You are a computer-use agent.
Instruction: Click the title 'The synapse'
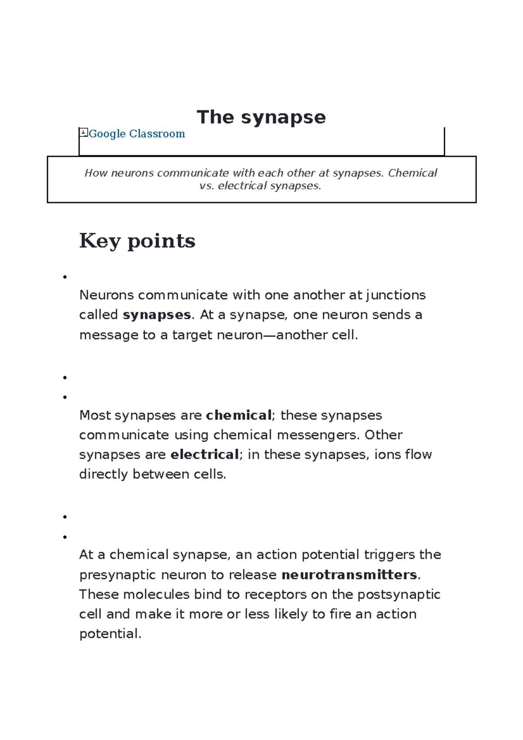click(x=261, y=117)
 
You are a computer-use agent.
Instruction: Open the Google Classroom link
click(x=137, y=134)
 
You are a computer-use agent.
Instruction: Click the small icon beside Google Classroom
click(x=84, y=132)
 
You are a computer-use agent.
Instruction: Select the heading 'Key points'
click(x=137, y=241)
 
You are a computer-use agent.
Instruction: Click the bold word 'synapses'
click(x=157, y=315)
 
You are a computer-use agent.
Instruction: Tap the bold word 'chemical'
click(x=239, y=415)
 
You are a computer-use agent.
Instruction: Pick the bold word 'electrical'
click(x=204, y=455)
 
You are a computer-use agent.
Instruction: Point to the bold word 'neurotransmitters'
click(x=350, y=575)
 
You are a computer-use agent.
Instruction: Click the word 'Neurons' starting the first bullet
click(x=106, y=295)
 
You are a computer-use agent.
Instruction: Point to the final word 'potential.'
click(x=110, y=634)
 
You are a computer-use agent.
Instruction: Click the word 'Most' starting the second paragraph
click(x=95, y=415)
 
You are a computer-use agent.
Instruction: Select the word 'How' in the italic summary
click(x=96, y=173)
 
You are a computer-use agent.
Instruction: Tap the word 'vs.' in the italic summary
click(x=207, y=186)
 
